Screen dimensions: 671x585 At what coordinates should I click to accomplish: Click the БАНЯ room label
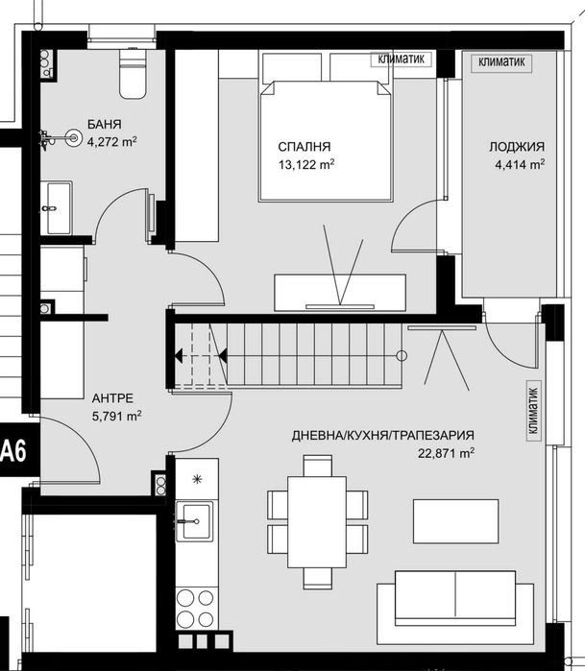(x=104, y=124)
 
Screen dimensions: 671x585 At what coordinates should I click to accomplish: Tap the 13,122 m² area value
(x=305, y=164)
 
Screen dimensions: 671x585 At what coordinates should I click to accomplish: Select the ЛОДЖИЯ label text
(x=516, y=147)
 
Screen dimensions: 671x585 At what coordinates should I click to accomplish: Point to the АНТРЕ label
(x=112, y=397)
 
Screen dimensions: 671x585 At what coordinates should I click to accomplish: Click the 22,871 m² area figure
(x=447, y=453)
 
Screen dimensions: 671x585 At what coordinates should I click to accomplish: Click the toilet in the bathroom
(x=130, y=75)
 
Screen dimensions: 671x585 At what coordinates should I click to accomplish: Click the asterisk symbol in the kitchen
(x=197, y=479)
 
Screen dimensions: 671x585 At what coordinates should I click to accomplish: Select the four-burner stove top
(x=196, y=607)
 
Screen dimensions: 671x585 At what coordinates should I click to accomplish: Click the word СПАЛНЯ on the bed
(x=305, y=147)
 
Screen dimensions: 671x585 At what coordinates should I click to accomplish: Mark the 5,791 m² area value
(x=116, y=417)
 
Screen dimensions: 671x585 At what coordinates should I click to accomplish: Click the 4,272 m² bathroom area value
(x=111, y=141)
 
